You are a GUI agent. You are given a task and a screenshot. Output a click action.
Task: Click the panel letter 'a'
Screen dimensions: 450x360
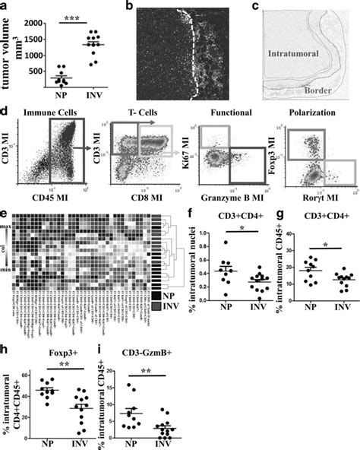(x=6, y=7)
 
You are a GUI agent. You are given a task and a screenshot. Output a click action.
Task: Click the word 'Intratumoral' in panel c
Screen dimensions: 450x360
(x=291, y=54)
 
